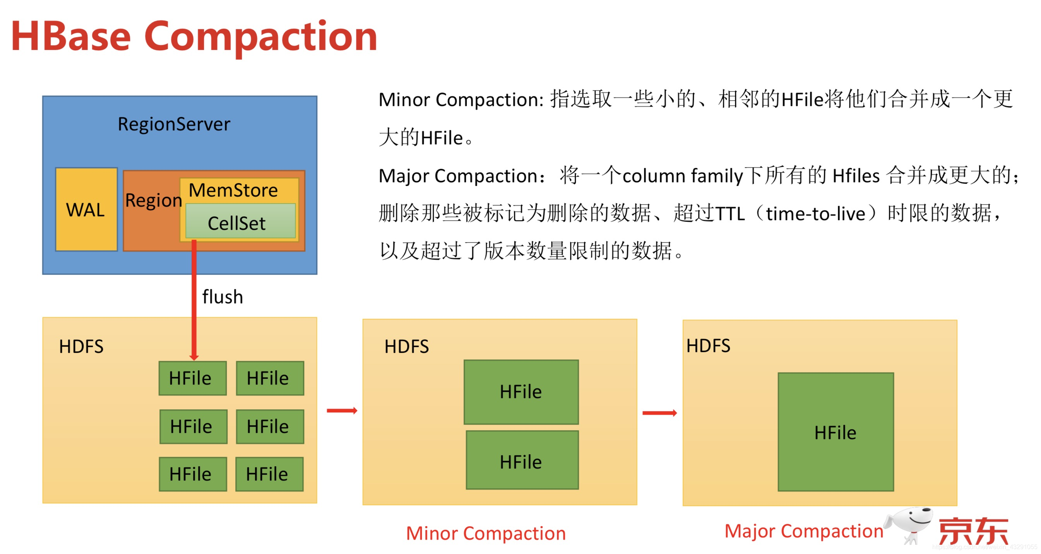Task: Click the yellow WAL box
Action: [86, 209]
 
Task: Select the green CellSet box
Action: [240, 222]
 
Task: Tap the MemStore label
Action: [233, 190]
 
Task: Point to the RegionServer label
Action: [174, 124]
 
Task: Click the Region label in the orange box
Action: [153, 200]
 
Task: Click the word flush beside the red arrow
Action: [222, 297]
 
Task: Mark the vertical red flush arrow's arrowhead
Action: [194, 356]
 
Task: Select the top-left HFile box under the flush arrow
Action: [192, 378]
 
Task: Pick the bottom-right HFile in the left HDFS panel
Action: [269, 474]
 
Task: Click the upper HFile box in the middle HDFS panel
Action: [521, 392]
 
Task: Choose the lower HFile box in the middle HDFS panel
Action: [522, 460]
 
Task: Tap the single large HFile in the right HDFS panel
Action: [835, 432]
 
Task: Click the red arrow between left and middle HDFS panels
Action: [342, 410]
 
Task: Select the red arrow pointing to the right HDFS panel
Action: [659, 412]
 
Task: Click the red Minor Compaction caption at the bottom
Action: [486, 533]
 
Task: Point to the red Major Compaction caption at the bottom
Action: [803, 531]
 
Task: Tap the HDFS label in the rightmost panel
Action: [708, 346]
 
